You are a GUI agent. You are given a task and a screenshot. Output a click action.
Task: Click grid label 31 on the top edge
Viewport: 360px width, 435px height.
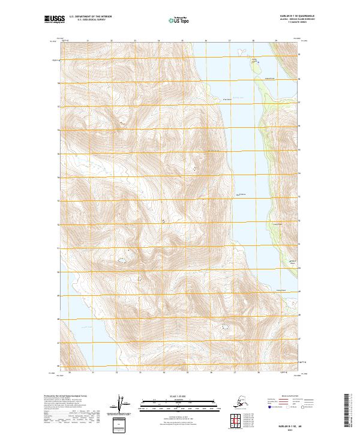[x=88, y=41]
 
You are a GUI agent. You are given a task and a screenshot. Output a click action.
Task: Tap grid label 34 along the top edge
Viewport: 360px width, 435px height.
[x=158, y=41]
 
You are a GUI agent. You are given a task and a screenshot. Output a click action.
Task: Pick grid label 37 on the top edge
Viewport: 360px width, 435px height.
[x=229, y=41]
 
